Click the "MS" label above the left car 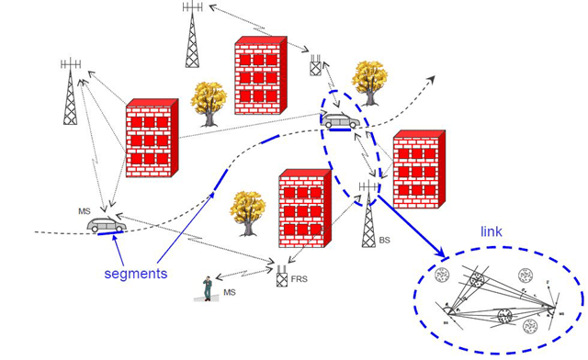(x=84, y=211)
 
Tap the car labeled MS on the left (x=106, y=225)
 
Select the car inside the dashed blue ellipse (x=341, y=120)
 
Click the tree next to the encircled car (x=368, y=83)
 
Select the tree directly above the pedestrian (x=247, y=209)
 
